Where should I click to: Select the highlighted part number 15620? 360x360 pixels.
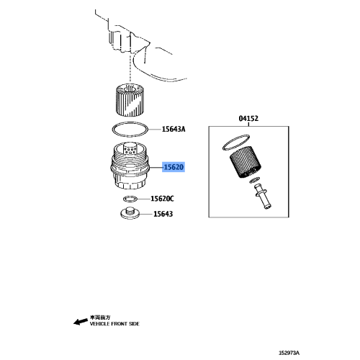tap(174, 167)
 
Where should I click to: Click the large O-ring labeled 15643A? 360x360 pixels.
tap(131, 130)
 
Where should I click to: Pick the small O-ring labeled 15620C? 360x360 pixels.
tap(130, 198)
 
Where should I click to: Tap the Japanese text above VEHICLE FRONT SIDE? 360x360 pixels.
tap(99, 317)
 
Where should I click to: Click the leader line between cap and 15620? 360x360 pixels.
tap(156, 167)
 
